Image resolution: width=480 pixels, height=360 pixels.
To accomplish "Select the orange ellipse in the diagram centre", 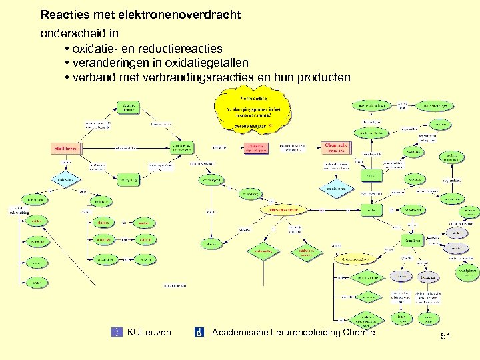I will click(x=283, y=209).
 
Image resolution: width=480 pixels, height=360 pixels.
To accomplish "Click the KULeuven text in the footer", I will click(x=149, y=332).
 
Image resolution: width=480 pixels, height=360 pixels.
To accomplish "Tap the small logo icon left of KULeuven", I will click(x=118, y=332).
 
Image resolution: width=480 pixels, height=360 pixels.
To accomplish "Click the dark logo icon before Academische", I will click(x=199, y=332).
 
